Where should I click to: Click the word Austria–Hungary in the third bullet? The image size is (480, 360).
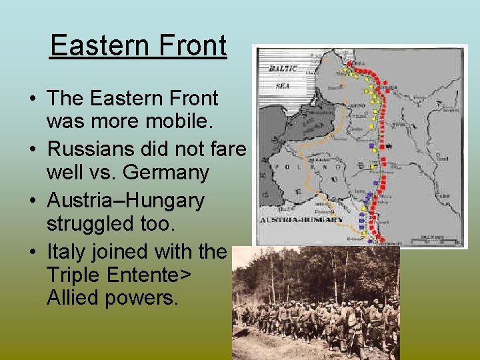125,199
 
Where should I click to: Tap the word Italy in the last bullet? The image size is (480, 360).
63,251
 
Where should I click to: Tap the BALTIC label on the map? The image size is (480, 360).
282,68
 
